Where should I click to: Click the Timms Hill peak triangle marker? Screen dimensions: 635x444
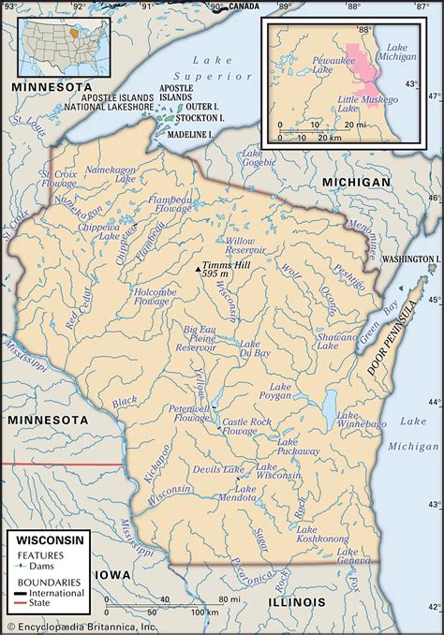[198, 269]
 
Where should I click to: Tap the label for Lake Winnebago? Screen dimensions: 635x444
[357, 419]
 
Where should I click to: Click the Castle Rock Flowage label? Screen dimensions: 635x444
[250, 429]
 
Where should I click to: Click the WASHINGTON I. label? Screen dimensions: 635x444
[411, 258]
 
